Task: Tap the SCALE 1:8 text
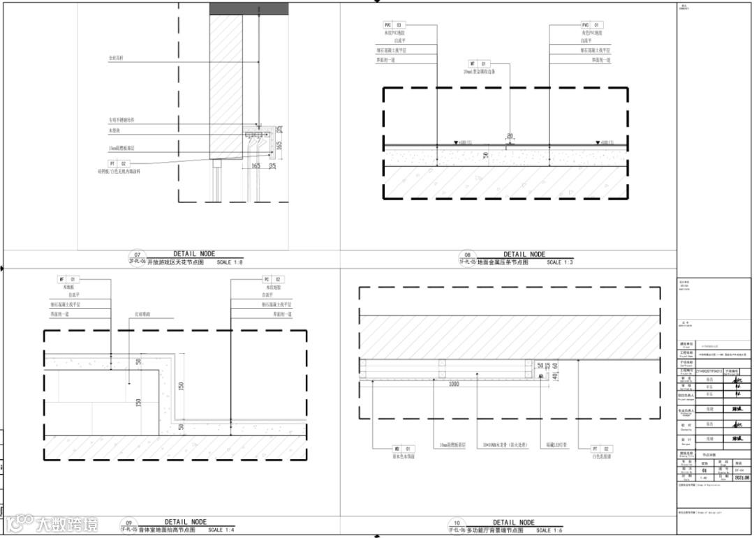(230, 263)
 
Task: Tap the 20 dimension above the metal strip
(510, 136)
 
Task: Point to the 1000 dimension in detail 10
(454, 384)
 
